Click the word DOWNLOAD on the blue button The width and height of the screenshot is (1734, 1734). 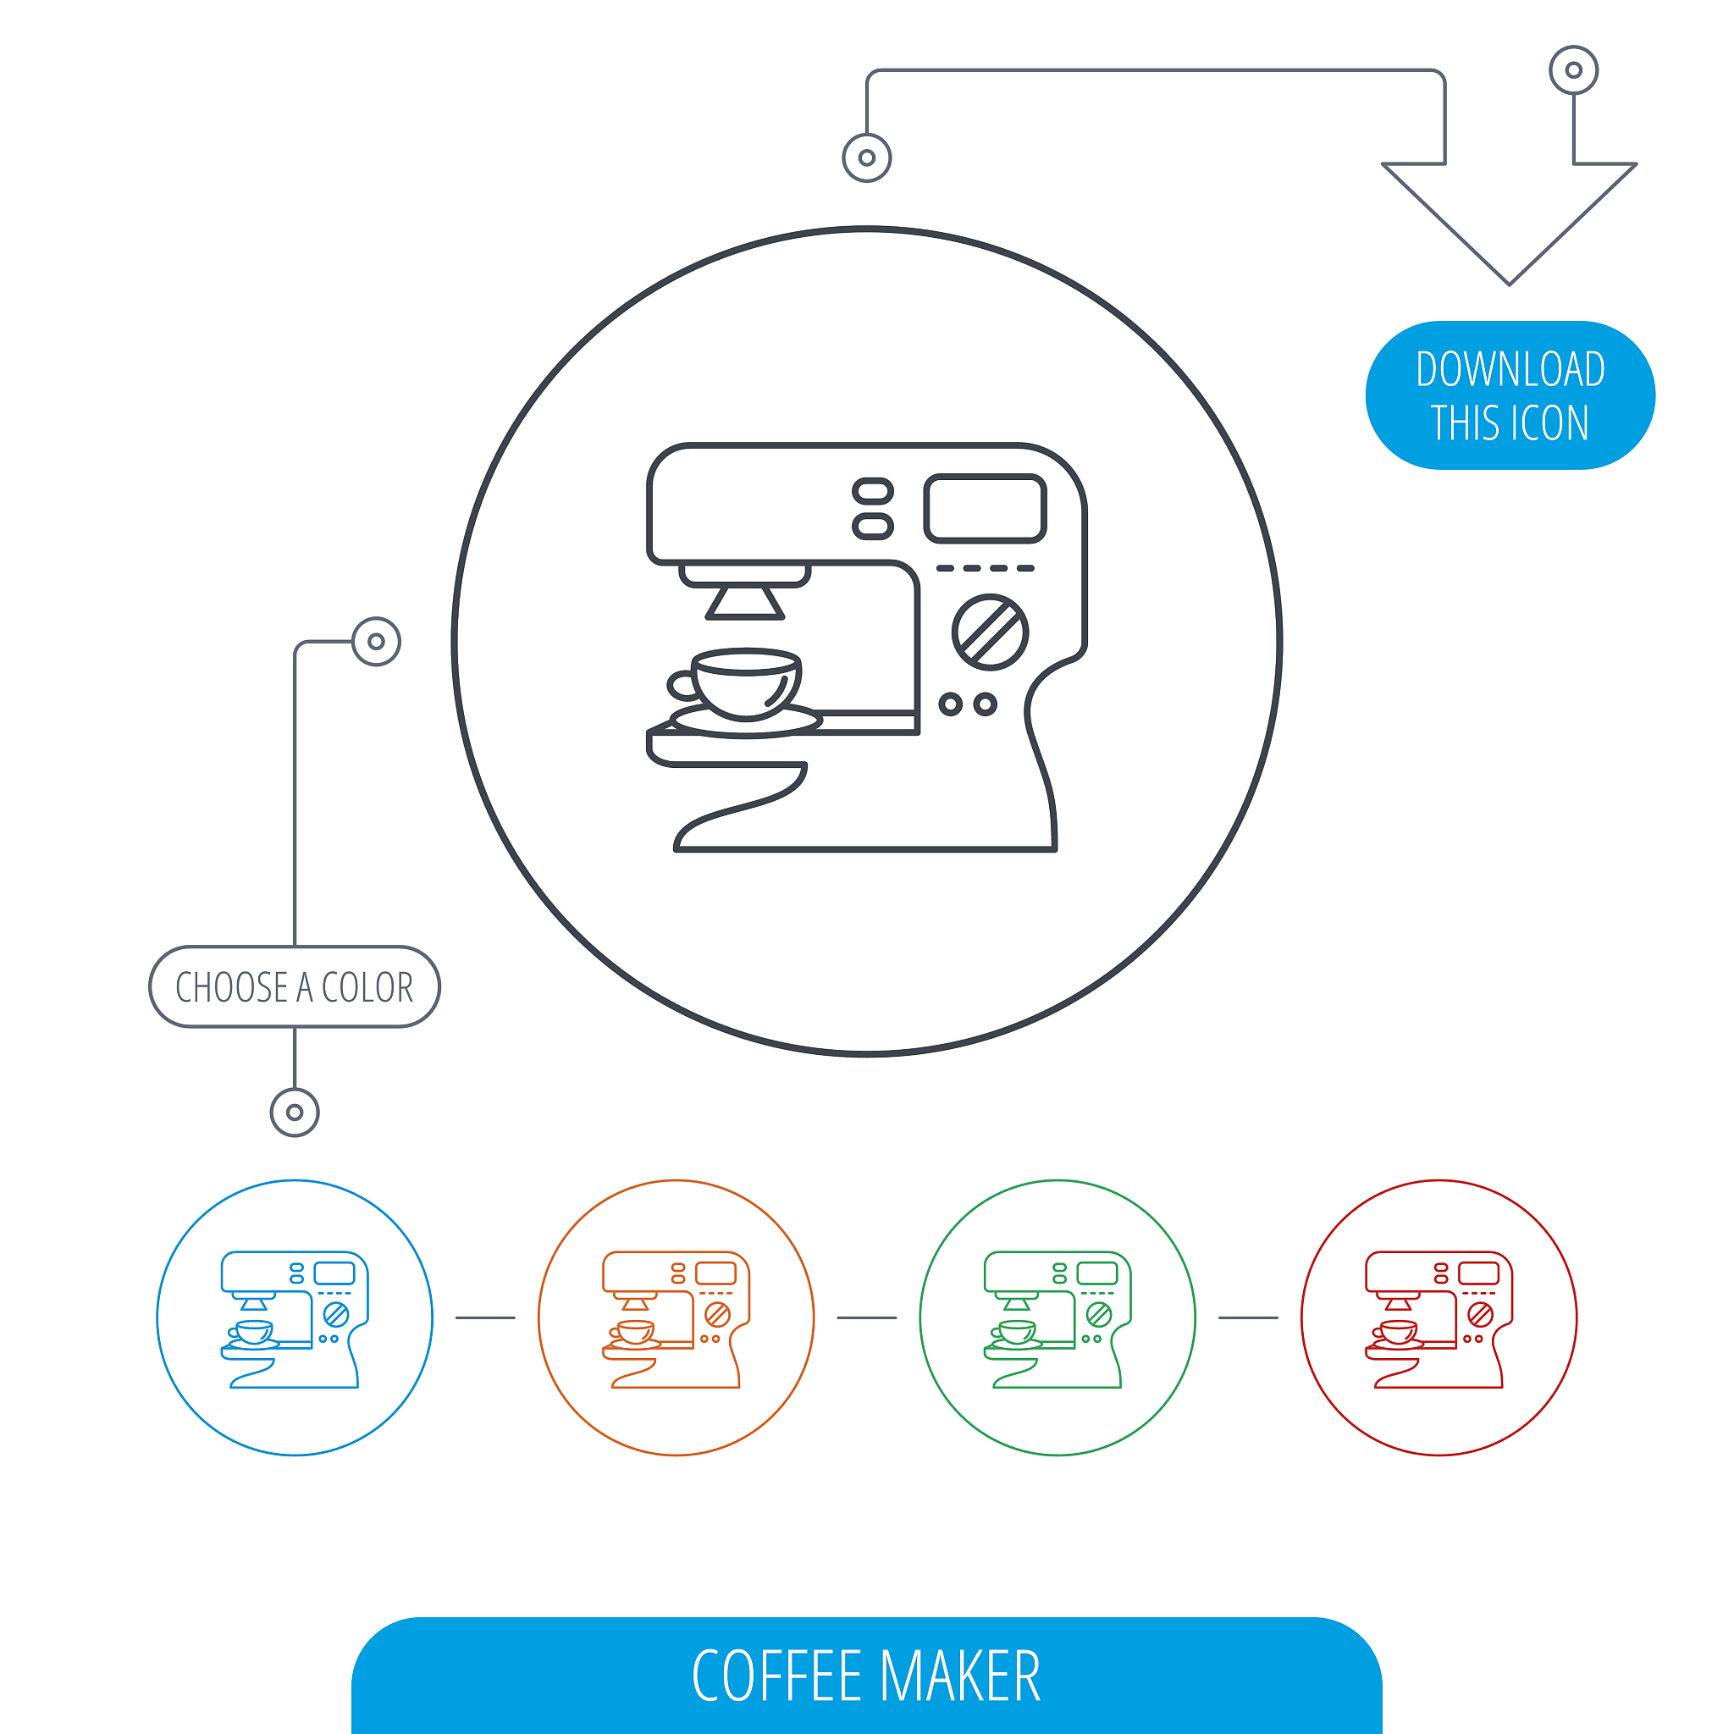point(1510,369)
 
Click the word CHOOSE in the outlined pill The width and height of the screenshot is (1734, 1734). point(231,987)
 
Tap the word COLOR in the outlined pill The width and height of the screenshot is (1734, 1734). point(367,987)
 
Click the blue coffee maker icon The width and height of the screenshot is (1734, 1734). point(295,1319)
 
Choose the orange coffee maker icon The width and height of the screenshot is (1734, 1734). point(676,1319)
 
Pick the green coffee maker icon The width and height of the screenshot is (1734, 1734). point(1058,1319)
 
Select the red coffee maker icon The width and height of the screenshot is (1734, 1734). point(1439,1319)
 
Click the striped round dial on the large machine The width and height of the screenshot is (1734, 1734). point(990,632)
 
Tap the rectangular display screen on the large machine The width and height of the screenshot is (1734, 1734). point(986,508)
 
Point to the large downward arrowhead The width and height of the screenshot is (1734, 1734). point(1510,224)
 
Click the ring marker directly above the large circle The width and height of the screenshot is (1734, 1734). point(867,158)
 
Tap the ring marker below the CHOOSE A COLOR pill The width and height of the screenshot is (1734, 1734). point(295,1113)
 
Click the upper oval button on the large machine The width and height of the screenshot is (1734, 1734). point(872,491)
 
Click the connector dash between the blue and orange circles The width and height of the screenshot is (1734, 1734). point(485,1317)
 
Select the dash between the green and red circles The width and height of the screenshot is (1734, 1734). point(1249,1317)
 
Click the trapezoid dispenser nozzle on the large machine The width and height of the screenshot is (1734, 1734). point(745,602)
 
